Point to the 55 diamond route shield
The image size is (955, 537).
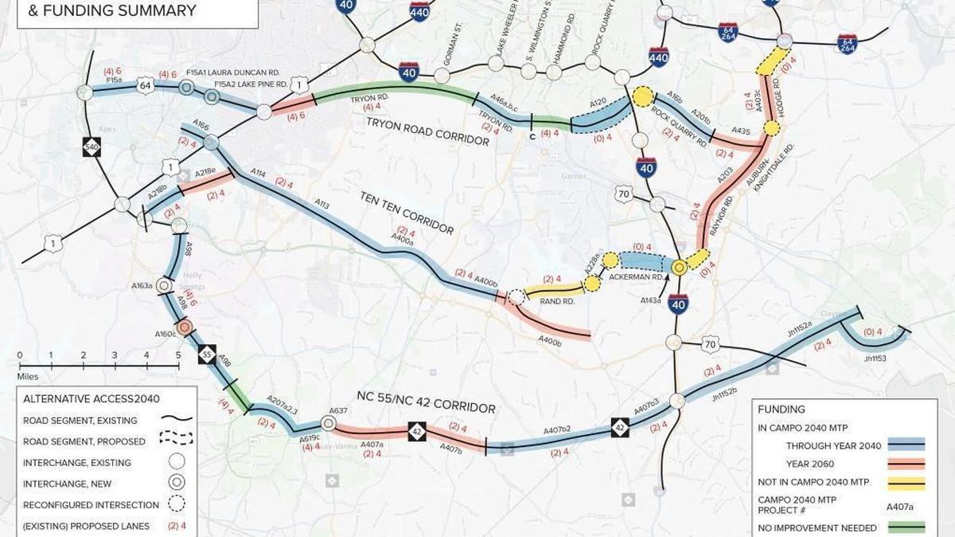point(206,353)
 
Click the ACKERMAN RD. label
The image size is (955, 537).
point(636,276)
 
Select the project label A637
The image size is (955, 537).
point(337,411)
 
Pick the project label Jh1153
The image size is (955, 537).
point(875,359)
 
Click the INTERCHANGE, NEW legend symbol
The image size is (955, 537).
point(176,483)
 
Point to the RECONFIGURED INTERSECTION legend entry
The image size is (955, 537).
point(91,504)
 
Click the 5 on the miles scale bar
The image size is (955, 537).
point(178,355)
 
